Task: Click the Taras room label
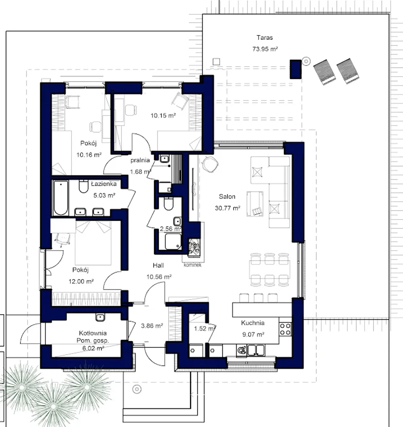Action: pyautogui.click(x=264, y=38)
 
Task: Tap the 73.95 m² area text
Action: pyautogui.click(x=265, y=49)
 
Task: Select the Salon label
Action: pyautogui.click(x=227, y=196)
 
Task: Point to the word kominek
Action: pyautogui.click(x=192, y=265)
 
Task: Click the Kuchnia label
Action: pyautogui.click(x=253, y=323)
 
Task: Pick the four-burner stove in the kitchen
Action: pyautogui.click(x=285, y=329)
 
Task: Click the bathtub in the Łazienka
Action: pyautogui.click(x=61, y=198)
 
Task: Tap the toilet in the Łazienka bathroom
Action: pyautogui.click(x=83, y=186)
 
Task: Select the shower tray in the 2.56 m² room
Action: pyautogui.click(x=173, y=241)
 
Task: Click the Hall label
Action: pyautogui.click(x=158, y=265)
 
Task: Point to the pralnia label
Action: pyautogui.click(x=140, y=160)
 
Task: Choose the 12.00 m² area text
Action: pyautogui.click(x=81, y=282)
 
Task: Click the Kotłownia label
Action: pyautogui.click(x=93, y=333)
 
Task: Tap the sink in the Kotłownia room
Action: pyautogui.click(x=100, y=317)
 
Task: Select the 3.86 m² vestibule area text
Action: pyautogui.click(x=152, y=326)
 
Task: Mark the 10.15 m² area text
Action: pyautogui.click(x=163, y=115)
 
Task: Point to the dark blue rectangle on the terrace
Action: pyautogui.click(x=296, y=69)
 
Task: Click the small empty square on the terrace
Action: pyautogui.click(x=216, y=62)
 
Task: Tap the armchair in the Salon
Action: pyautogui.click(x=255, y=204)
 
